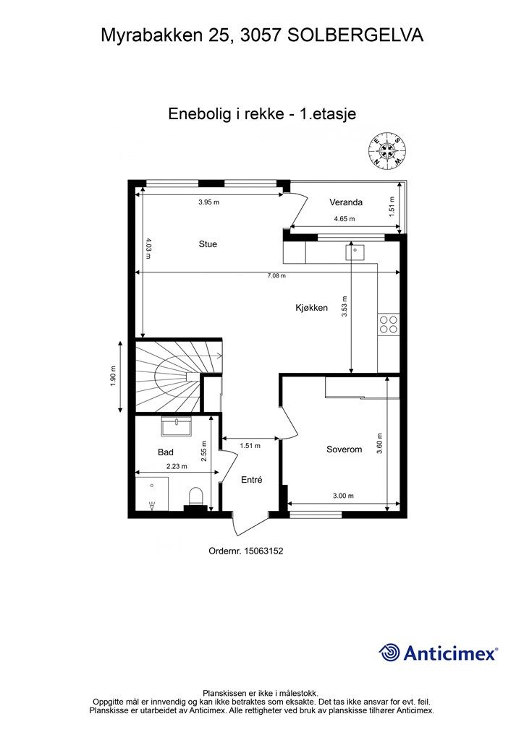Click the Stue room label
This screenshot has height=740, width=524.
click(208, 244)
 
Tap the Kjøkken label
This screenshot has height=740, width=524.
click(311, 308)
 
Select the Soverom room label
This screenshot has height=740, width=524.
click(344, 449)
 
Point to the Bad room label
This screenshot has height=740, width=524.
click(165, 452)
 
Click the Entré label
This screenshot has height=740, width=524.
click(251, 480)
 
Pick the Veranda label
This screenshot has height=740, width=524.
click(346, 202)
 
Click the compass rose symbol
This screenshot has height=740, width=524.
click(387, 150)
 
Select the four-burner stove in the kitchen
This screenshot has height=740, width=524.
click(389, 324)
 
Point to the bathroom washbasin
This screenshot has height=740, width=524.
click(177, 426)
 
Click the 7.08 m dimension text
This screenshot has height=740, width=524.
click(276, 275)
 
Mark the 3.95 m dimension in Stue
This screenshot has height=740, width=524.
click(209, 202)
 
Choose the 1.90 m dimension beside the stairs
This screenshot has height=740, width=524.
click(113, 376)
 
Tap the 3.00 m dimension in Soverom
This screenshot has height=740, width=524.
click(344, 496)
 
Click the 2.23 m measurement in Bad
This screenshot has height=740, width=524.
click(177, 466)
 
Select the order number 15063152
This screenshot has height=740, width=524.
click(263, 551)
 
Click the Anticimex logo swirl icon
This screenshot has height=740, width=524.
click(389, 653)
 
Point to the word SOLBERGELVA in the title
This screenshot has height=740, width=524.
click(355, 35)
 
